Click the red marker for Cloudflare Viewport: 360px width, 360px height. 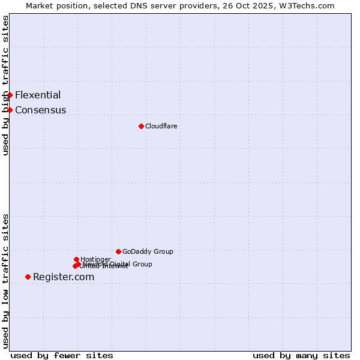point(141,126)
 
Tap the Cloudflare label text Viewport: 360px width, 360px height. point(161,126)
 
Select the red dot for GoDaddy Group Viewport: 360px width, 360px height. point(118,251)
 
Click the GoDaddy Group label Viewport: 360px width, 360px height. point(148,251)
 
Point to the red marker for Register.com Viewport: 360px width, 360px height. point(28,277)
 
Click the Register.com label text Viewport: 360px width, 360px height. point(64,277)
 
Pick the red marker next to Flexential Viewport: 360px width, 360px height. point(10,95)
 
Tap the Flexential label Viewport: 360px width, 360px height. point(38,95)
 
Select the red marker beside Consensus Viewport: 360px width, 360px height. point(10,110)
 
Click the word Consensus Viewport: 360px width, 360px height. point(41,110)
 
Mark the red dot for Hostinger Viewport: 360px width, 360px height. point(76,259)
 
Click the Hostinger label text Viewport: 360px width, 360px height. point(95,259)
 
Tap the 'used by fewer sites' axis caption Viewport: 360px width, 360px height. point(62,355)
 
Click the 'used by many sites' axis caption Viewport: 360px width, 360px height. point(301,355)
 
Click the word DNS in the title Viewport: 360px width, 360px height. point(142,5)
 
